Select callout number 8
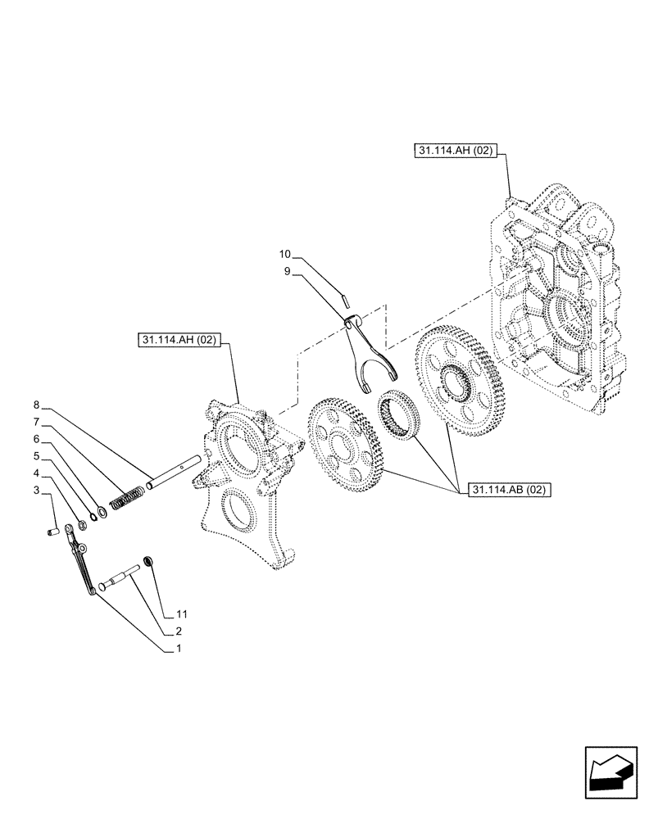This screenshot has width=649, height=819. [x=37, y=405]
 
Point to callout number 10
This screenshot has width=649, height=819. [x=284, y=253]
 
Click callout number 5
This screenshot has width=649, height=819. [x=37, y=455]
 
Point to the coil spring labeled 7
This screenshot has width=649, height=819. [x=127, y=497]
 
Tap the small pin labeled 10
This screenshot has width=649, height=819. [x=346, y=290]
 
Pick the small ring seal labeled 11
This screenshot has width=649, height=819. [x=149, y=560]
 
